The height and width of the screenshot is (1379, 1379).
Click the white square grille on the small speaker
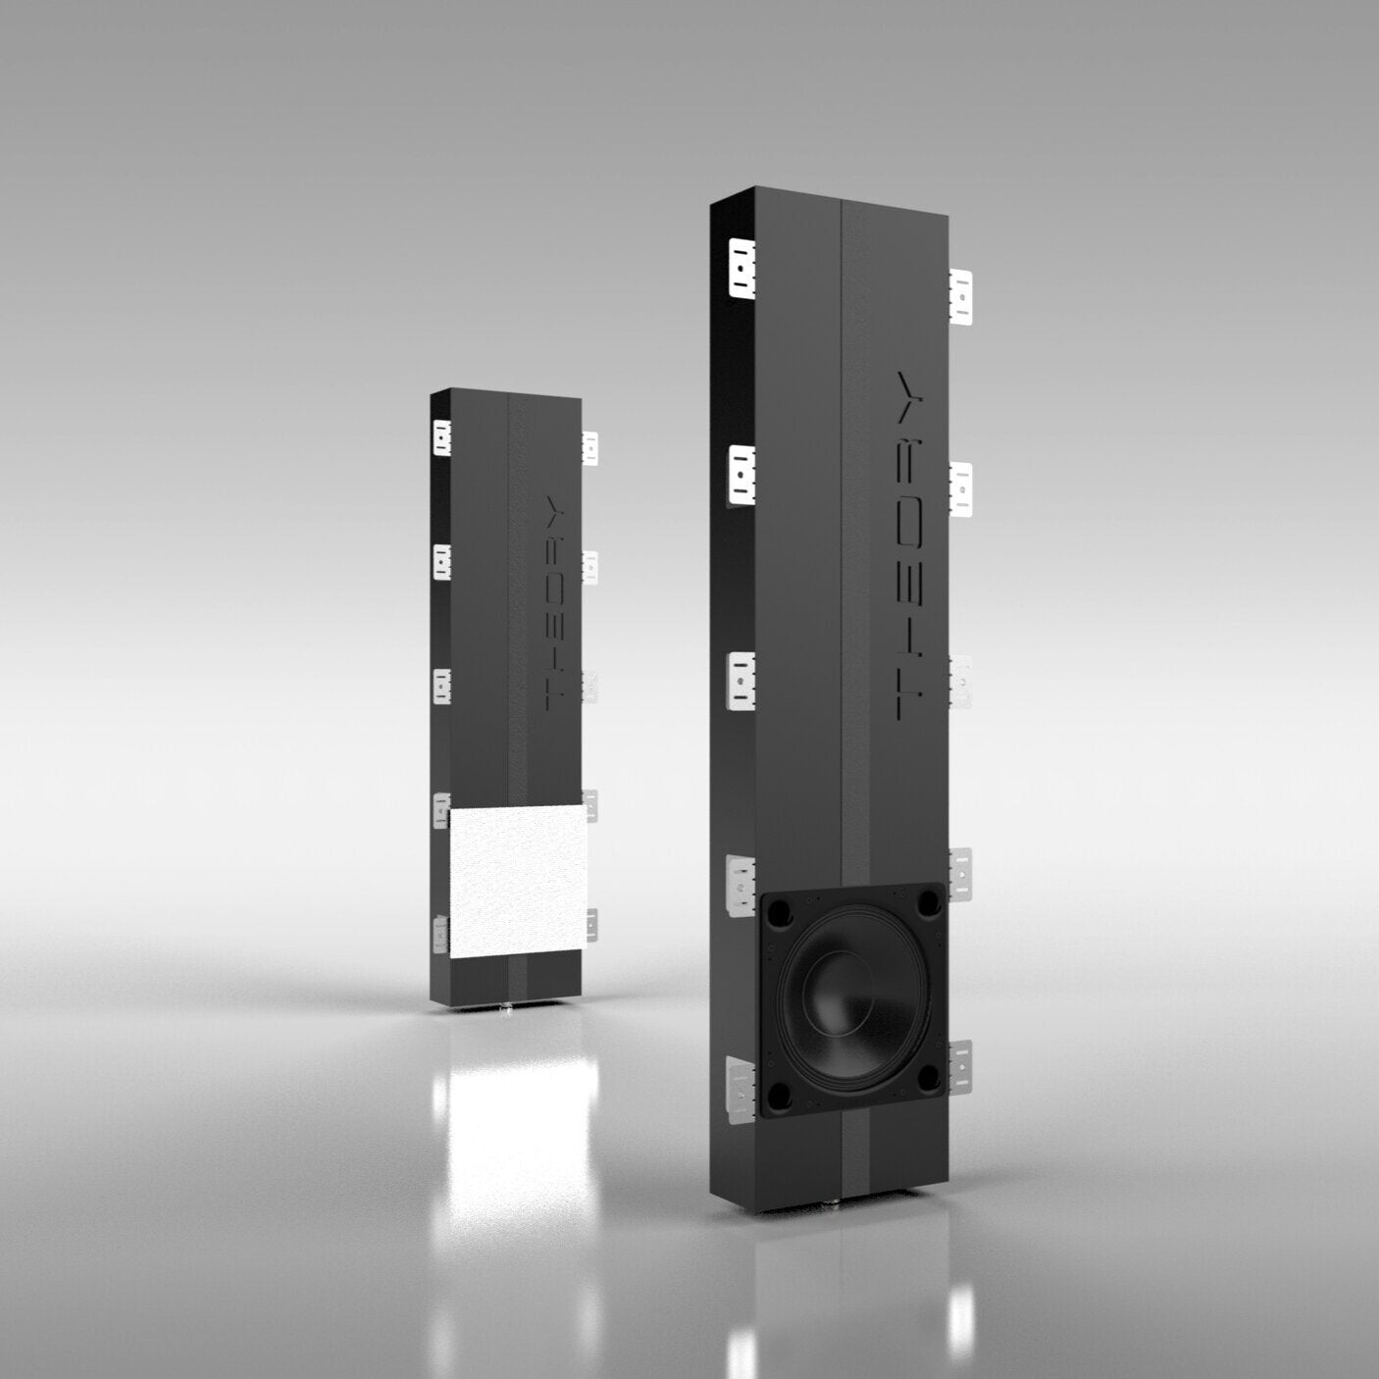pos(517,882)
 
